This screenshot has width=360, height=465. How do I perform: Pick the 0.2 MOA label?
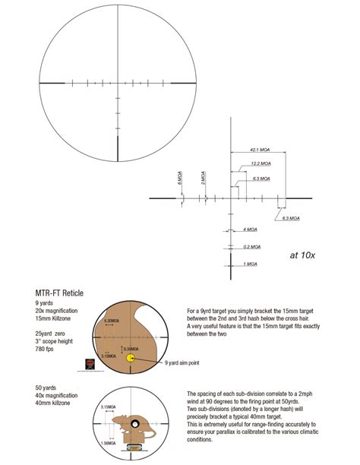coord(251,246)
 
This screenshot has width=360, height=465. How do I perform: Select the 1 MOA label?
coord(249,264)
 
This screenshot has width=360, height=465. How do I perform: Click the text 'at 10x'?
coord(304,255)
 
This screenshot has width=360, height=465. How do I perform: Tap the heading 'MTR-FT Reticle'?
coord(59,293)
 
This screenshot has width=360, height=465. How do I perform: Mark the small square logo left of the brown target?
coord(90,363)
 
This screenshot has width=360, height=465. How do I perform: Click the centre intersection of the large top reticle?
coord(118,81)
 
